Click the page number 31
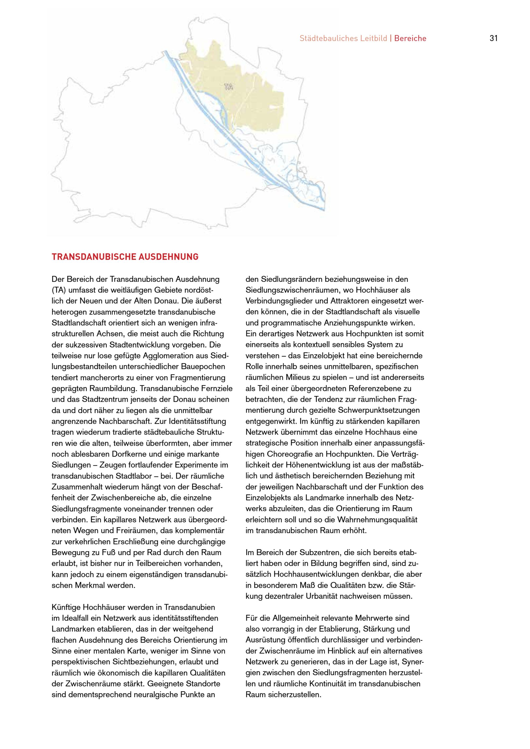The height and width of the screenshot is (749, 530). (x=493, y=38)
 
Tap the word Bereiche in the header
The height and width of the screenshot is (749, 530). (x=410, y=38)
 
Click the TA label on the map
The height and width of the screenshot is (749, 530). (x=229, y=87)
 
